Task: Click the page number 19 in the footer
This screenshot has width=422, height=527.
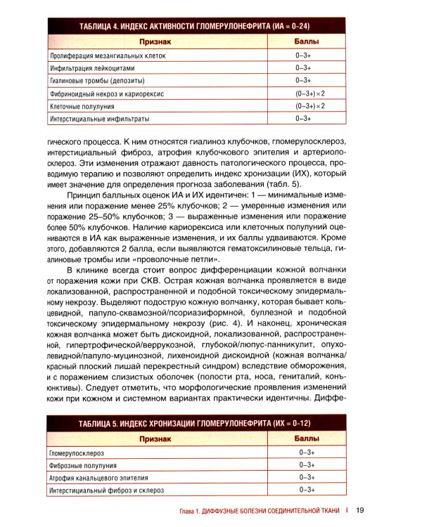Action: click(359, 510)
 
